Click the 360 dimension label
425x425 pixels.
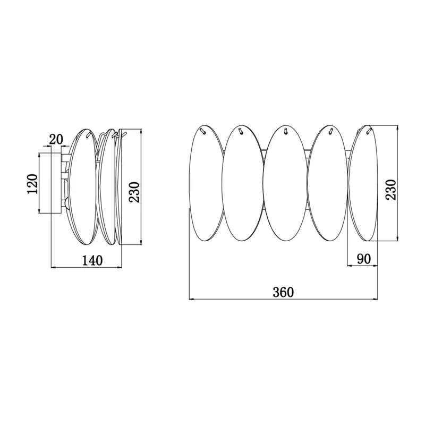pos(283,292)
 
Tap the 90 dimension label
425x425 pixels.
pos(364,259)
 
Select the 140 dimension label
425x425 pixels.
pos(92,260)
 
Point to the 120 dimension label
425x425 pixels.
pos(32,184)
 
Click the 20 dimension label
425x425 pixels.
pos(56,139)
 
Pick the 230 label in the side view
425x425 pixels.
pos(134,192)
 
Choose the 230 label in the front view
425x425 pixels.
pos(391,190)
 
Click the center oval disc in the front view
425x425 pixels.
pos(285,183)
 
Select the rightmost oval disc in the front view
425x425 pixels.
pos(363,183)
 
